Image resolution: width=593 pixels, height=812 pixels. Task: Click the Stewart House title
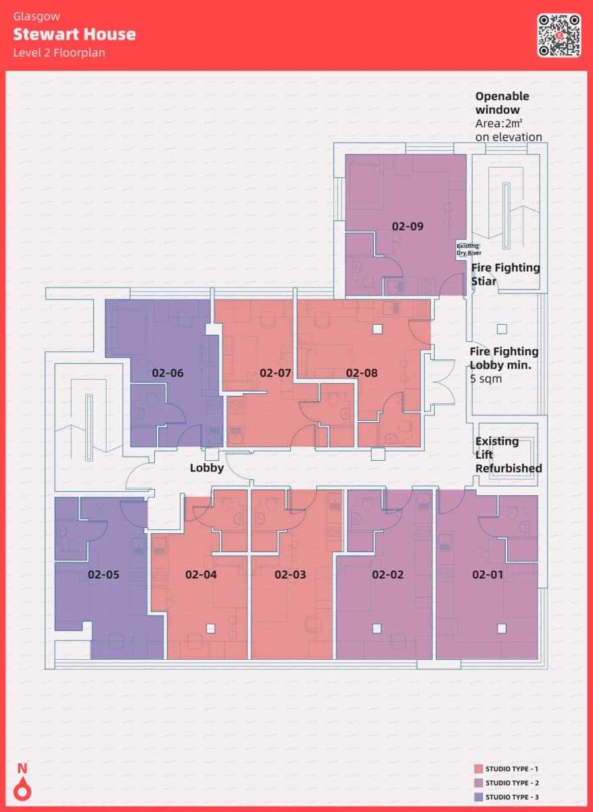(74, 35)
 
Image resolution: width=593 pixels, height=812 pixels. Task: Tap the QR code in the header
(559, 35)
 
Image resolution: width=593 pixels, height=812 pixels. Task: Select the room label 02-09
(408, 227)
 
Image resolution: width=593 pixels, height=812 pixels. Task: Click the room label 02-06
(168, 373)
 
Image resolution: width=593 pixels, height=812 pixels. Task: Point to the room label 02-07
(275, 373)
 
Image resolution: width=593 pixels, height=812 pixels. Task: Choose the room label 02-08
(362, 373)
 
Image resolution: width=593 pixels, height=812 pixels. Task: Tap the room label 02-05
(103, 574)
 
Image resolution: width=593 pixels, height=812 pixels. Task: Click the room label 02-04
(201, 574)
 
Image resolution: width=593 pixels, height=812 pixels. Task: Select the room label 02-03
(290, 574)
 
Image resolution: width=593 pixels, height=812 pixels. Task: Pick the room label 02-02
(387, 574)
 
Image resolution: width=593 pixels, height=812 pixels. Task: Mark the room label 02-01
(488, 574)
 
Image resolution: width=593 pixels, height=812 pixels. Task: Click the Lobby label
(207, 468)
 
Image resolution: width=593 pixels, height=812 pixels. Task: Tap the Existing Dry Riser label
(469, 250)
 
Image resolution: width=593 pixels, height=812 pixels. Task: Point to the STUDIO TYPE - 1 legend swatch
(479, 769)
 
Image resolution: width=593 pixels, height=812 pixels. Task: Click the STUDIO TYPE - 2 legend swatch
(479, 783)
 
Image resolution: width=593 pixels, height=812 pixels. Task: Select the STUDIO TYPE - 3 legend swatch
(479, 797)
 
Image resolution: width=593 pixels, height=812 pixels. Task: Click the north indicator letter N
(22, 769)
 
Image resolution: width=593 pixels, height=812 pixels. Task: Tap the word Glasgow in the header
(37, 17)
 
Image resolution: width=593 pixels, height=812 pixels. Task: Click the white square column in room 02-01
(502, 628)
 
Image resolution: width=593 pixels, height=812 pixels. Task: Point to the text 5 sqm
(485, 379)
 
